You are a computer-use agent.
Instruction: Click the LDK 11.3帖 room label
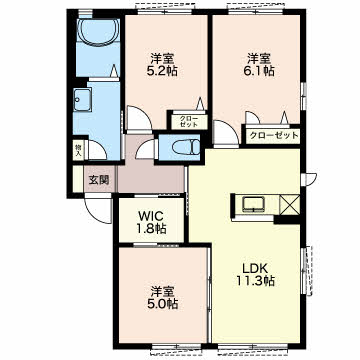coord(256,274)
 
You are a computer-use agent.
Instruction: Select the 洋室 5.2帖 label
coord(162,65)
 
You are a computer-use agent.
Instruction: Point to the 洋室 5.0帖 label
coord(162,297)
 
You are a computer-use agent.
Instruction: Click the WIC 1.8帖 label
coord(152,222)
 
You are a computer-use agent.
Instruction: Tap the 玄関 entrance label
coord(99,180)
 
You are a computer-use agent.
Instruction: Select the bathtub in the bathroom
coord(98,31)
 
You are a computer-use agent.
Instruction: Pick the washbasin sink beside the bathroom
coord(82,100)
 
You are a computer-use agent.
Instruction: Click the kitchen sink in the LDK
coord(254,204)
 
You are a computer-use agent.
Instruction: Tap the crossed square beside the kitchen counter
coord(290,205)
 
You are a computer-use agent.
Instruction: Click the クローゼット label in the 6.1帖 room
coord(273,135)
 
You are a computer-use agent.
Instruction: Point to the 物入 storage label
coord(78,151)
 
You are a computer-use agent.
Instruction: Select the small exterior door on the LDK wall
coord(309,179)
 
